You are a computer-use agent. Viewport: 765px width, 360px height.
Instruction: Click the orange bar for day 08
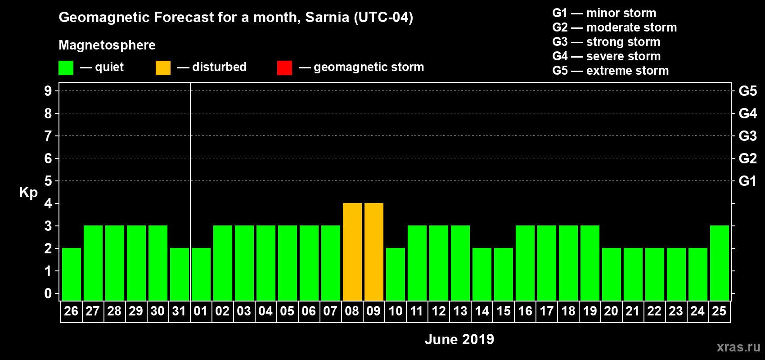pyautogui.click(x=352, y=252)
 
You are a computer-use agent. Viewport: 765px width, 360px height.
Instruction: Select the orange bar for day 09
pyautogui.click(x=373, y=252)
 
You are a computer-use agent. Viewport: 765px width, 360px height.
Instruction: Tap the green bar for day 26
pyautogui.click(x=71, y=274)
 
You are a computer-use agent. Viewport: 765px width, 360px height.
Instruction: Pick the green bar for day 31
pyautogui.click(x=179, y=274)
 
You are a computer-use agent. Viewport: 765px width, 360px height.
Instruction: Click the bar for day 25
pyautogui.click(x=719, y=263)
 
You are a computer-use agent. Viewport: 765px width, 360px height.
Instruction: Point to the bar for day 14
pyautogui.click(x=481, y=274)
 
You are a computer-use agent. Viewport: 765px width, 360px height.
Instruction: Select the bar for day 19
pyautogui.click(x=589, y=263)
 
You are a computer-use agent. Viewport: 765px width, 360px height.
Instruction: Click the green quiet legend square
pyautogui.click(x=66, y=68)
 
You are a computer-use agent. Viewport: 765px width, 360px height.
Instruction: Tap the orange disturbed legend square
pyautogui.click(x=163, y=68)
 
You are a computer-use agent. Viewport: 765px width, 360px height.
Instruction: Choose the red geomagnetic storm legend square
pyautogui.click(x=284, y=68)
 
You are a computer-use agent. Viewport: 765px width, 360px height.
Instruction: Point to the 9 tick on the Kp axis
pyautogui.click(x=48, y=91)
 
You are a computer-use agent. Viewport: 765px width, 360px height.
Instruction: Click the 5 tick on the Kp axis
pyautogui.click(x=48, y=181)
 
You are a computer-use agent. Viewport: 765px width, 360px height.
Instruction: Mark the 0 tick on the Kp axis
pyautogui.click(x=48, y=293)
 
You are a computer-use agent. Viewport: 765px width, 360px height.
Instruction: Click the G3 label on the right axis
pyautogui.click(x=747, y=136)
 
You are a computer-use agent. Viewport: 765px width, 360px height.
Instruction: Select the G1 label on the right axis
pyautogui.click(x=747, y=181)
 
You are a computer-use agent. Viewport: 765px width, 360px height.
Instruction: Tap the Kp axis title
pyautogui.click(x=28, y=192)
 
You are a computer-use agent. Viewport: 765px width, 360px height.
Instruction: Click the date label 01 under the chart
pyautogui.click(x=201, y=311)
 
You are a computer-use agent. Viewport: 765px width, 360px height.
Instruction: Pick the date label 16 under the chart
pyautogui.click(x=525, y=311)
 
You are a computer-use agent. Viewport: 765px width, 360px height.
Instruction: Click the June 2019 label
pyautogui.click(x=459, y=339)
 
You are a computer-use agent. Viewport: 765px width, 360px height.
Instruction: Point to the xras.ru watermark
pyautogui.click(x=738, y=347)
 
